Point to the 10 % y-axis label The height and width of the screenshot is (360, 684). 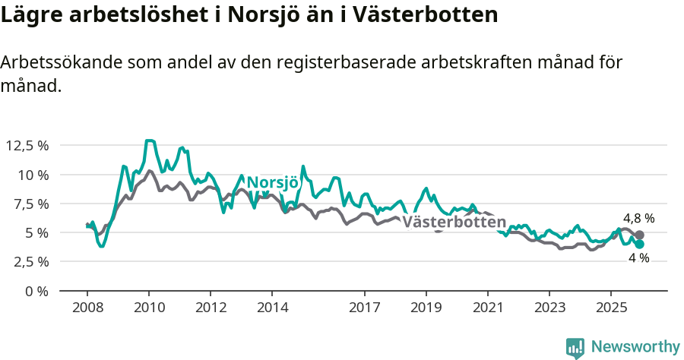click(x=33, y=175)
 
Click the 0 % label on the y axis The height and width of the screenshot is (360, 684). click(x=36, y=291)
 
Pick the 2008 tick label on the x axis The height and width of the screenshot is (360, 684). click(x=87, y=308)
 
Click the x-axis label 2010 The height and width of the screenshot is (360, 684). click(x=149, y=308)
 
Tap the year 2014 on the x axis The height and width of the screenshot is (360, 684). click(x=272, y=308)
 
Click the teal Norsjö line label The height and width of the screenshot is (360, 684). click(x=273, y=183)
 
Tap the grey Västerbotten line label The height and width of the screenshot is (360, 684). click(x=454, y=223)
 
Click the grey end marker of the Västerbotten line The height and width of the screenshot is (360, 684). click(x=639, y=235)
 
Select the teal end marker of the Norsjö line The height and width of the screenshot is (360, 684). click(x=640, y=245)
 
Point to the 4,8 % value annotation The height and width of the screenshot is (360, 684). click(x=638, y=218)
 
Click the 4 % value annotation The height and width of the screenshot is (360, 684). click(x=638, y=258)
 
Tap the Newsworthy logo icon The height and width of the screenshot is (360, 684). click(x=575, y=347)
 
